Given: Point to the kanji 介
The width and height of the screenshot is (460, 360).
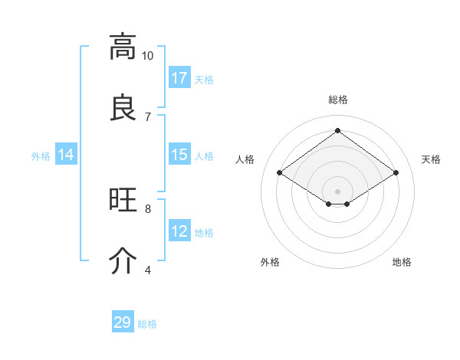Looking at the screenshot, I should pos(122,260).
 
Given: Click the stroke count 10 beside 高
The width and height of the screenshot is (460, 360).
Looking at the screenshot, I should pos(147,55).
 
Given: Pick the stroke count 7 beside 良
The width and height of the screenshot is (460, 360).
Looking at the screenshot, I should pos(148,116).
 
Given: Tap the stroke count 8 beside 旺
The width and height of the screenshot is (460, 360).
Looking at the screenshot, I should pos(148,208).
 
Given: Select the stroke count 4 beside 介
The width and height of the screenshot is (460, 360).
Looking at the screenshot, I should pos(148,269).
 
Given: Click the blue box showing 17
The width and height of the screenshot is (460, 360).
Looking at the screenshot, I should pos(179,78).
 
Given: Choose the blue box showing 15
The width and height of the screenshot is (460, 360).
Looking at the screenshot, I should pos(179,155).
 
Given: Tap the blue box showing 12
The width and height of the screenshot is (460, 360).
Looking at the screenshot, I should pos(179,231).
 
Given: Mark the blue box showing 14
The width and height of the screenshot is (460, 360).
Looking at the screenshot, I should pos(66,155).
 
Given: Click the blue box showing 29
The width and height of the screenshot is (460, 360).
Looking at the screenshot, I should pos(123,322).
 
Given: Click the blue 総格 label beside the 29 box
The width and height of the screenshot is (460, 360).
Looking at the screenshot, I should pos(147,324).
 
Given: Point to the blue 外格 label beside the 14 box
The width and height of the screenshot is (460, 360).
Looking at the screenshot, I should pos(41,155).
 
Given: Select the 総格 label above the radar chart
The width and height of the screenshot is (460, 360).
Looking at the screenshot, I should pos(337,100).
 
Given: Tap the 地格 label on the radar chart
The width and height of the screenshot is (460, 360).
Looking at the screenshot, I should pos(402,262).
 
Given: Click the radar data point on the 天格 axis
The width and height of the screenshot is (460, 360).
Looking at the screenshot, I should pos(396,173).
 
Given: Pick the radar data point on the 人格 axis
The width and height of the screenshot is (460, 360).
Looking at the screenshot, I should pos(280,173).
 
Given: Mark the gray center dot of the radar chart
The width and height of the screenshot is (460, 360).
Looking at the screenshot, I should pos(337,190).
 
